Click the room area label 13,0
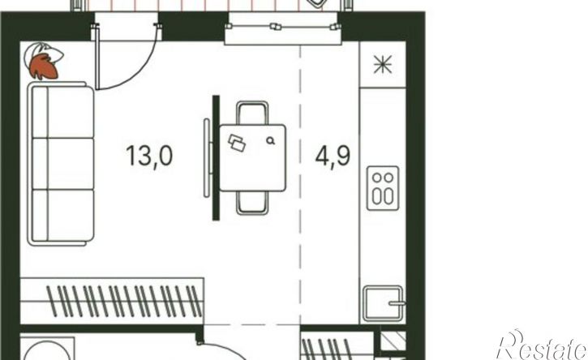click(x=149, y=156)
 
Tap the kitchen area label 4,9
click(x=333, y=156)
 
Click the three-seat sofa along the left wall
click(x=61, y=164)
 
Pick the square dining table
click(x=252, y=158)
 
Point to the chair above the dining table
click(x=252, y=113)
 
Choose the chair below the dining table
click(x=252, y=203)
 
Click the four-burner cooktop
click(x=383, y=188)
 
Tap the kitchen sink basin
click(x=383, y=304)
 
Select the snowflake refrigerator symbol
click(x=383, y=64)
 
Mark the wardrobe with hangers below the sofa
click(x=112, y=301)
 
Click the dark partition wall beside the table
click(x=216, y=158)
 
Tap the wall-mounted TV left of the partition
click(x=207, y=158)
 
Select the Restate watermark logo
click(x=542, y=345)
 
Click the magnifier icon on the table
click(x=270, y=140)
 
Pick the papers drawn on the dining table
click(x=237, y=143)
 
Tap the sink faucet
click(x=397, y=303)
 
